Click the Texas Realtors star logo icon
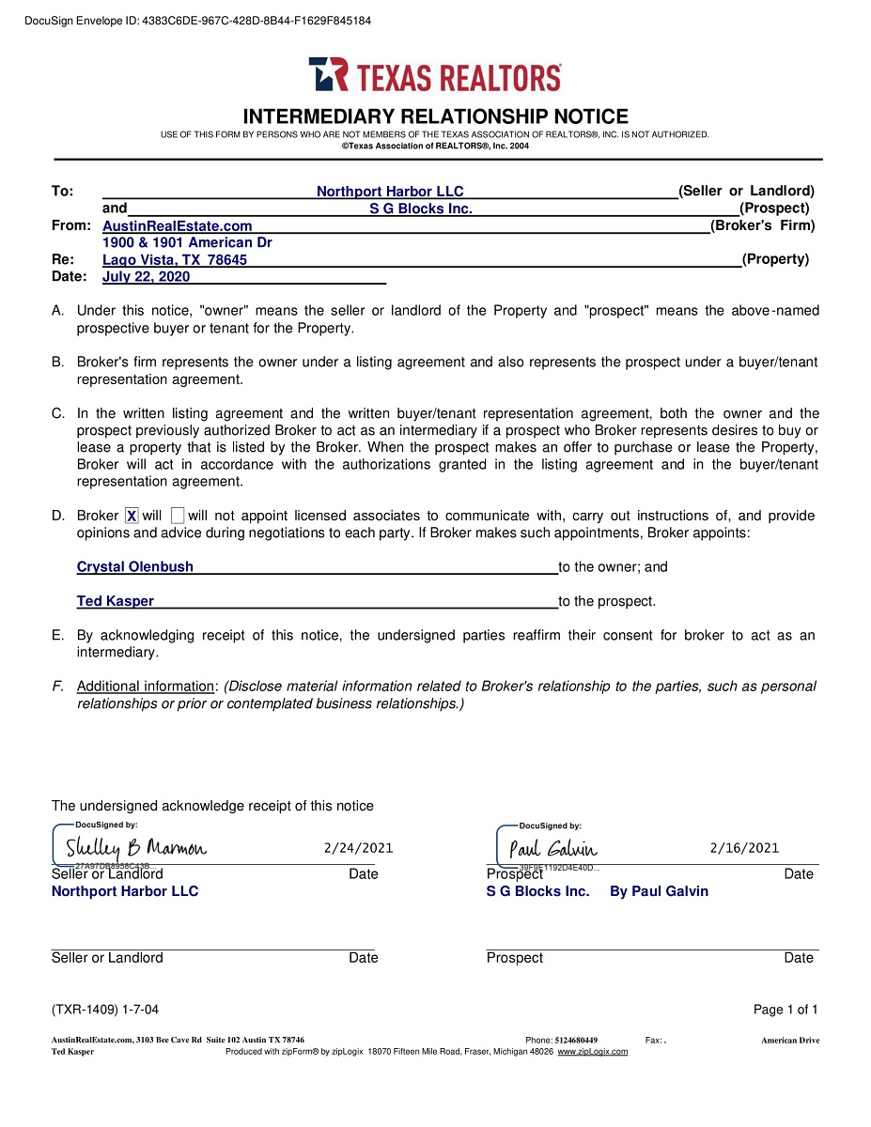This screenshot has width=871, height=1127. click(328, 74)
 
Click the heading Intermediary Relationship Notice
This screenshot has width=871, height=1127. click(435, 117)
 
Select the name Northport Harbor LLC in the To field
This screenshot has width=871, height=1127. click(390, 192)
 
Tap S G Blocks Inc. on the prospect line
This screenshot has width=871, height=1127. click(420, 208)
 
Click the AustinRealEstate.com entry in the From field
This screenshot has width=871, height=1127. click(178, 226)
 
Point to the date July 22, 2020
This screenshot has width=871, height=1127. click(146, 277)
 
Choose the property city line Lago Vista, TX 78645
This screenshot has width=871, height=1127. click(175, 260)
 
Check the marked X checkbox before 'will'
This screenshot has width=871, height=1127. click(132, 516)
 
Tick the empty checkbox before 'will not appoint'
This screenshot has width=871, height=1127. click(179, 516)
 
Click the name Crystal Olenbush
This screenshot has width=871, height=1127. click(135, 567)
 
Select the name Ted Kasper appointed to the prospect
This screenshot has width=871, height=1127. click(116, 602)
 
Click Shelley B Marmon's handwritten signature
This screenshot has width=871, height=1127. click(136, 849)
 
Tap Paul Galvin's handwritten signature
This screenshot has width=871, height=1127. click(552, 849)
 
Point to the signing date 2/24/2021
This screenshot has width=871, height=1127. click(358, 848)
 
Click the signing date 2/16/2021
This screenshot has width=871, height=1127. click(744, 848)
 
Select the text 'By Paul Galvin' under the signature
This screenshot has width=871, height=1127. click(659, 891)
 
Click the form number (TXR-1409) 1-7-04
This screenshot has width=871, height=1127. click(105, 1010)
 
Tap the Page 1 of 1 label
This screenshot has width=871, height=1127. click(785, 1010)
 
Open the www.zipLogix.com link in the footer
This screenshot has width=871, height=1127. click(592, 1052)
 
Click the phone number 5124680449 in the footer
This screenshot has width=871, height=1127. click(576, 1041)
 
